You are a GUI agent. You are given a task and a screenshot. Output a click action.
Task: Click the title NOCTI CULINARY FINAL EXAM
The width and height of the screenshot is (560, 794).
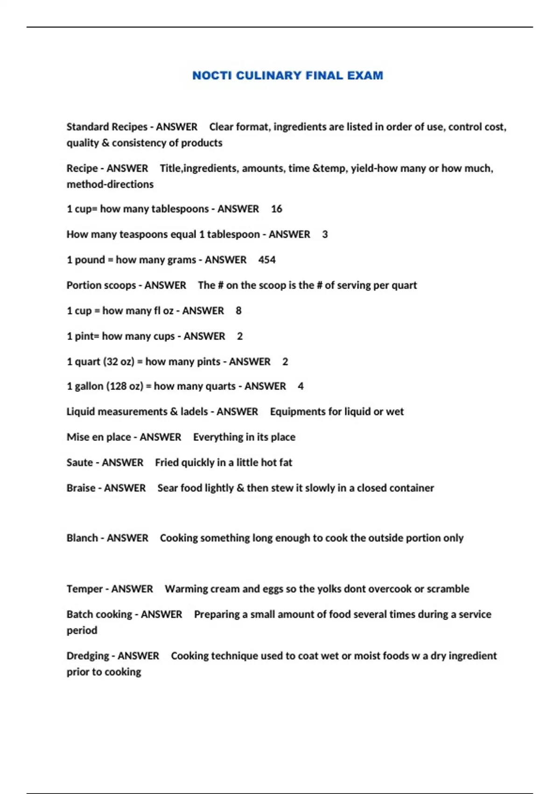pyautogui.click(x=287, y=76)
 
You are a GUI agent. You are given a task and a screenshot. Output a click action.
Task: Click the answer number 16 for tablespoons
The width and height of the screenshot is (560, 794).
pyautogui.click(x=276, y=209)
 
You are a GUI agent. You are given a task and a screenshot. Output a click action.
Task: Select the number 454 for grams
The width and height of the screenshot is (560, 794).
pyautogui.click(x=267, y=260)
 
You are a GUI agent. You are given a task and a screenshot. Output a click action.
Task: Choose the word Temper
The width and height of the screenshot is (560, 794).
pyautogui.click(x=84, y=589)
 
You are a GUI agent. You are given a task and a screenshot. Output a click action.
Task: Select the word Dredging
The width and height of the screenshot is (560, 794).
pyautogui.click(x=89, y=656)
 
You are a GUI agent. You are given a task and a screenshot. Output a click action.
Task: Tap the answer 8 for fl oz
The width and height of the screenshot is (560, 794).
pyautogui.click(x=238, y=311)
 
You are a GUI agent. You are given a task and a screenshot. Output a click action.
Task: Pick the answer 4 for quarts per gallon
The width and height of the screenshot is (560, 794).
pyautogui.click(x=301, y=386)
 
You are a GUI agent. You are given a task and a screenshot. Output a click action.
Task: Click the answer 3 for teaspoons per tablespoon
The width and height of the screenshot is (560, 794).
pyautogui.click(x=325, y=234)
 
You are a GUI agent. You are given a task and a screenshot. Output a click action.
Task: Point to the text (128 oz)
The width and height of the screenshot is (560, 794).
pyautogui.click(x=125, y=386)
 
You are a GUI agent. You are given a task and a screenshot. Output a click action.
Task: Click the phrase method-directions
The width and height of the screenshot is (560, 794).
pyautogui.click(x=110, y=184)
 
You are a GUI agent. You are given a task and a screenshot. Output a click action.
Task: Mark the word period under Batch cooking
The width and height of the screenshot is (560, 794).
pyautogui.click(x=82, y=631)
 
